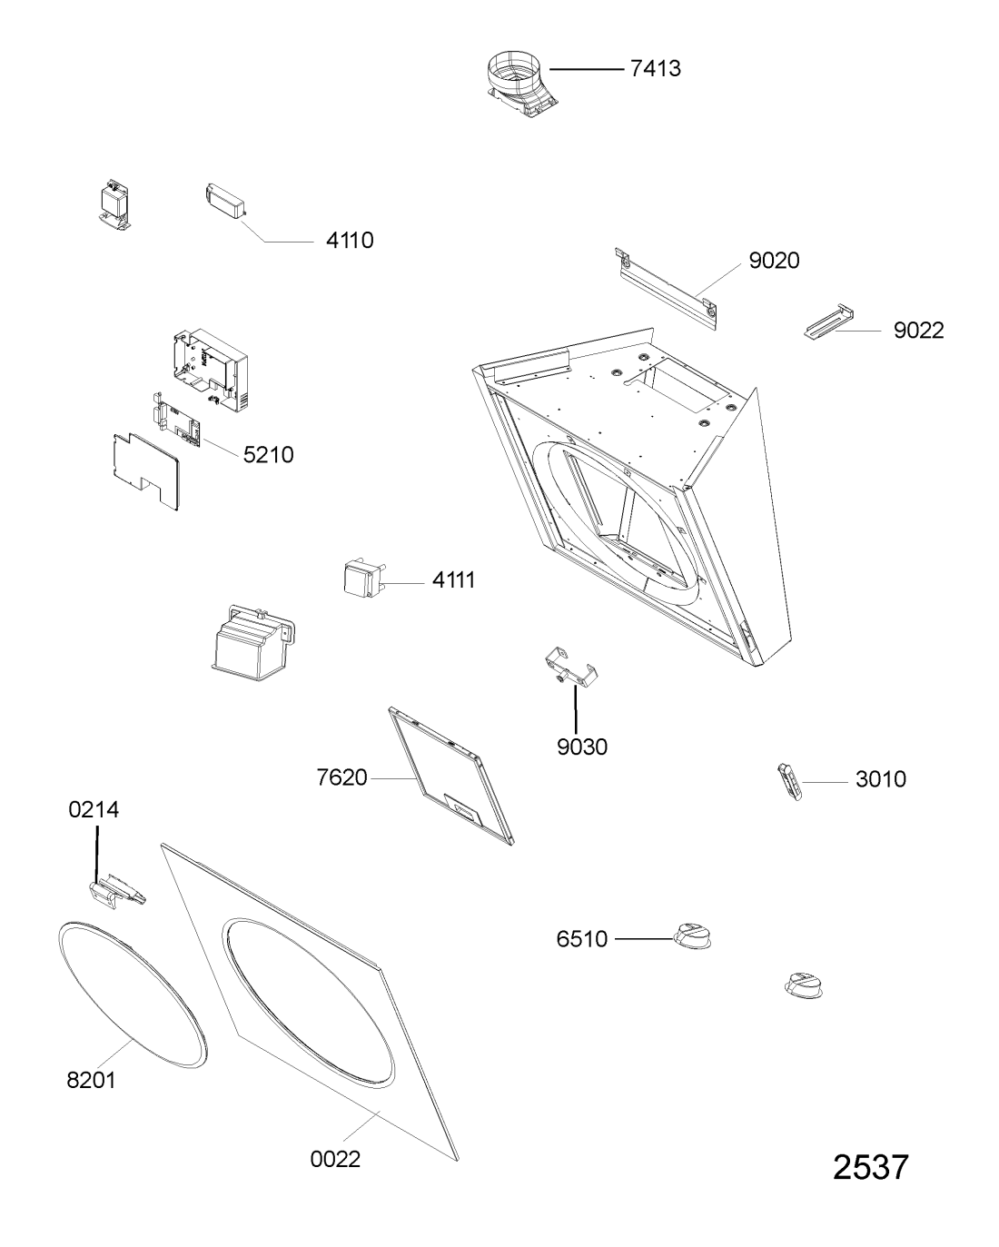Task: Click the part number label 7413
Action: coord(655,69)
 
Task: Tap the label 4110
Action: coord(350,241)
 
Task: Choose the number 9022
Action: coord(918,331)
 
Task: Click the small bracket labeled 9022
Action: coord(828,322)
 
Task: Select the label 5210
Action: coord(268,455)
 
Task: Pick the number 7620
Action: coord(341,778)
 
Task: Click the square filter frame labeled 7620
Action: coord(451,777)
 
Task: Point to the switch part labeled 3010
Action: coord(789,782)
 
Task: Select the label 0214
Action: coord(94,809)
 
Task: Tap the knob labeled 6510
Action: coord(692,935)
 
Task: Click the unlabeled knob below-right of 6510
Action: coord(804,986)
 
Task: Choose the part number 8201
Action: coord(91,1081)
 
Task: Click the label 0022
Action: coord(335,1159)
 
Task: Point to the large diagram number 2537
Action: coord(870,1168)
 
